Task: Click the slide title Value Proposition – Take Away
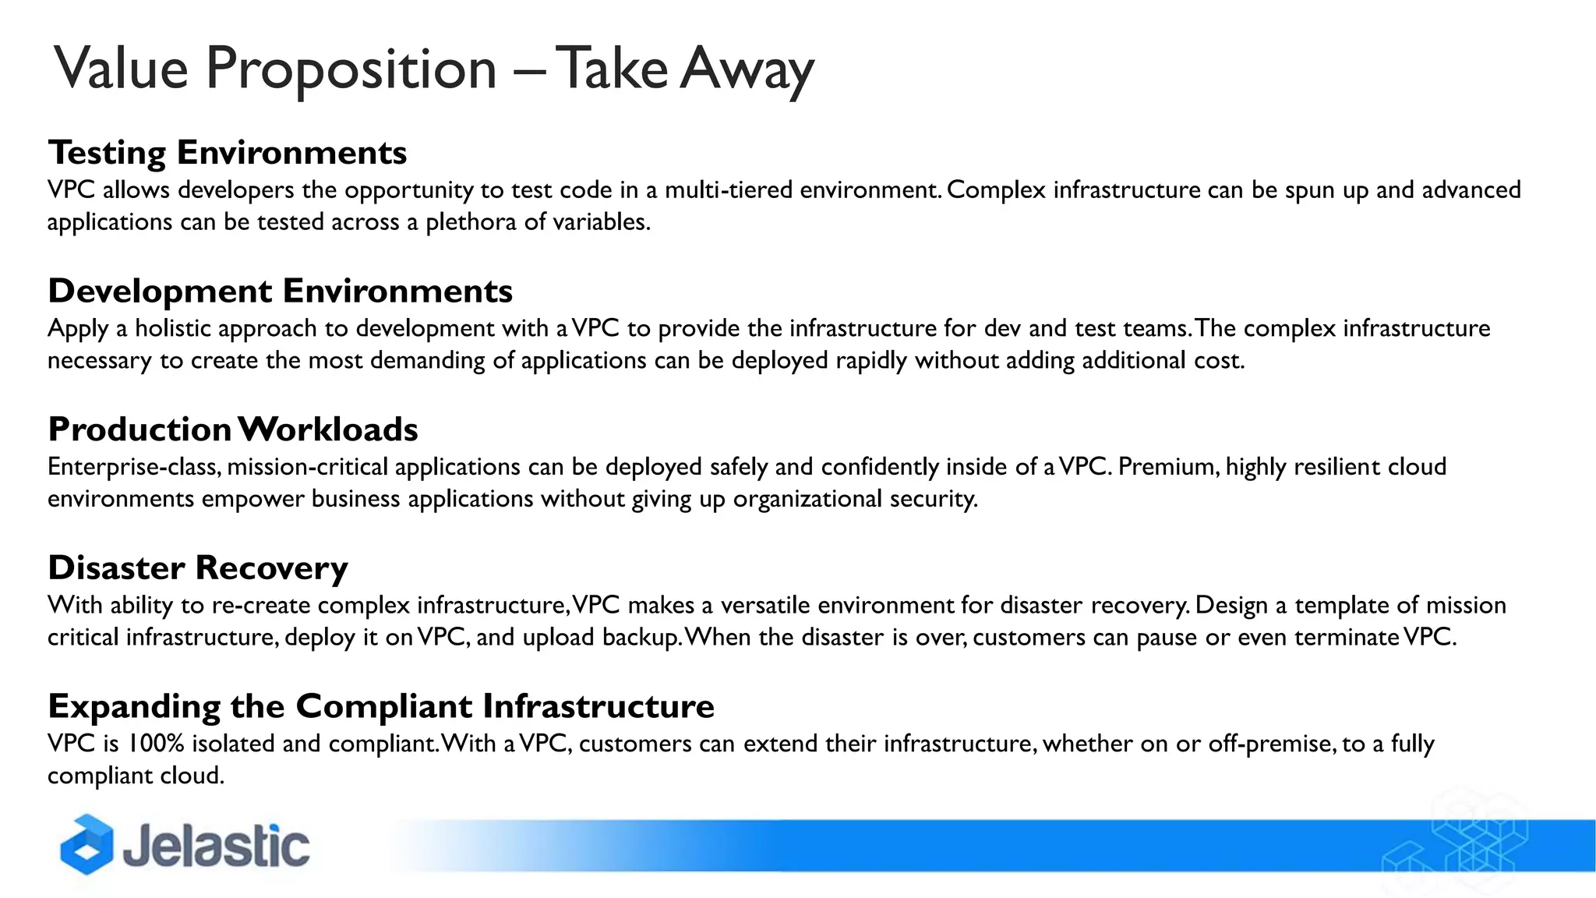click(x=433, y=69)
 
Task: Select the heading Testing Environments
click(x=227, y=152)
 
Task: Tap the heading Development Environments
click(x=280, y=291)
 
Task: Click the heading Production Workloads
click(x=232, y=430)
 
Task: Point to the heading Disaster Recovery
click(x=197, y=567)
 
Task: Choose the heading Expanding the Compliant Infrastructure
click(x=380, y=706)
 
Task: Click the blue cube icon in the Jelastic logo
click(x=87, y=845)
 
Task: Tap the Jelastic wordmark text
click(x=216, y=847)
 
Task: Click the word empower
click(x=252, y=499)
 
